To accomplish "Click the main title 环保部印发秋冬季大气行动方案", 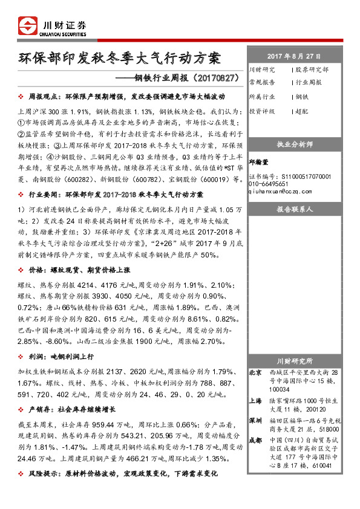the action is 120,59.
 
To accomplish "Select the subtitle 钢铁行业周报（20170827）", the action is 181,78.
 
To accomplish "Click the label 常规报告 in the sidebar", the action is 261,82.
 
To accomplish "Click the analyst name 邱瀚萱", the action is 260,162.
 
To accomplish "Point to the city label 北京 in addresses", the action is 255,373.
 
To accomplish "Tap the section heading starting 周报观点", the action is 127,96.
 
